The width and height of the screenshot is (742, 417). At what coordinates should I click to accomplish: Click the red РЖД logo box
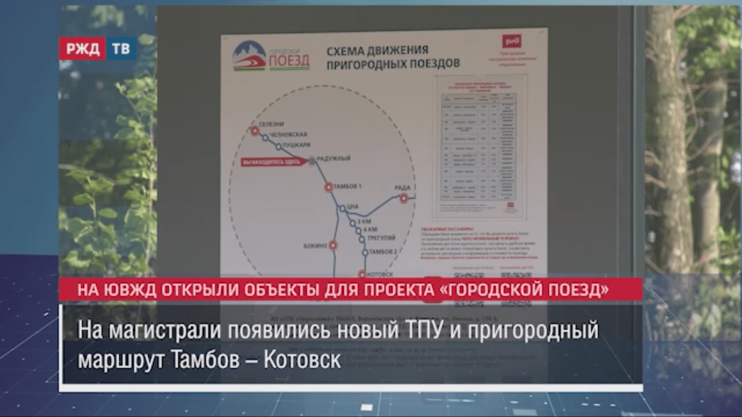coord(82,49)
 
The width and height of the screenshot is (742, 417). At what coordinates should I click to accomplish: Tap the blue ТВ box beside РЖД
coord(121,49)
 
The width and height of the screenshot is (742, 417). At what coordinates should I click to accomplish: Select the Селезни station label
coord(271,124)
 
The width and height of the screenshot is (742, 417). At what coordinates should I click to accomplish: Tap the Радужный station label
coord(334,158)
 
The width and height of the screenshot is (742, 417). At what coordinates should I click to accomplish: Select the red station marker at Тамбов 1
coord(328,187)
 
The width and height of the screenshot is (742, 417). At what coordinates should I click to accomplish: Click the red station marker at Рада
coord(403,198)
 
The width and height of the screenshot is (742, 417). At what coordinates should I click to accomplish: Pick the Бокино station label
coord(315,246)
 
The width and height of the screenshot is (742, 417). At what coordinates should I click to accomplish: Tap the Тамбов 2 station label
coord(383,252)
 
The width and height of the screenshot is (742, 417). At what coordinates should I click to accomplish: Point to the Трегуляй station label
coord(381,238)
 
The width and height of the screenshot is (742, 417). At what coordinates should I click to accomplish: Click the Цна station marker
coord(342,209)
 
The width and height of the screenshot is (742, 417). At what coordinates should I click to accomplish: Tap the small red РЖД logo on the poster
coord(512,41)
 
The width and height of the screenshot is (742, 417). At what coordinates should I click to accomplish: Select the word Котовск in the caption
coord(302,360)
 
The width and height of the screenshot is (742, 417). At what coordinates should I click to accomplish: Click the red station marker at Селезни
coord(255,131)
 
